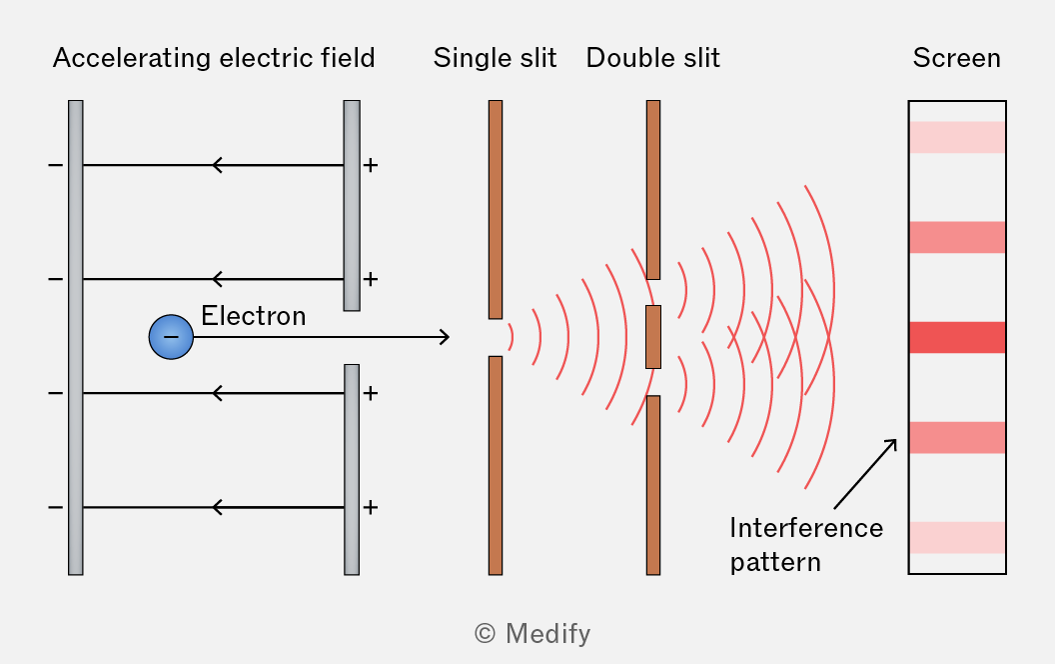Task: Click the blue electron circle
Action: pyautogui.click(x=171, y=337)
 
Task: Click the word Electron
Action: pyautogui.click(x=254, y=316)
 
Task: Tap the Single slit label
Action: pyautogui.click(x=495, y=58)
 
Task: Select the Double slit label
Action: pyautogui.click(x=652, y=58)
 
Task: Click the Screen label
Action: pyautogui.click(x=956, y=58)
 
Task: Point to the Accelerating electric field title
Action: pyautogui.click(x=214, y=58)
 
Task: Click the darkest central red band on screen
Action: pyautogui.click(x=957, y=337)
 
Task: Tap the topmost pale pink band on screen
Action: pyautogui.click(x=957, y=137)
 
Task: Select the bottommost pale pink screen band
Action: pyautogui.click(x=957, y=537)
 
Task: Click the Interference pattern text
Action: pyautogui.click(x=806, y=545)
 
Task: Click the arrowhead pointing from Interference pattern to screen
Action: pyautogui.click(x=892, y=444)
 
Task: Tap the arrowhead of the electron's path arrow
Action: pyautogui.click(x=445, y=337)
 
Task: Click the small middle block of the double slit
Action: pyautogui.click(x=653, y=337)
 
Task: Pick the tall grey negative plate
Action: pyautogui.click(x=75, y=337)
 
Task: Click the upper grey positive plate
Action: pyautogui.click(x=352, y=205)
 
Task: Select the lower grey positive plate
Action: pyautogui.click(x=352, y=469)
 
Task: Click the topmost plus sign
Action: pyautogui.click(x=370, y=165)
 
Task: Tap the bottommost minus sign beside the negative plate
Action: pyautogui.click(x=56, y=507)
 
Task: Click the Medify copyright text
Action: pyautogui.click(x=532, y=634)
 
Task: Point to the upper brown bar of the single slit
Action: pyautogui.click(x=496, y=209)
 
